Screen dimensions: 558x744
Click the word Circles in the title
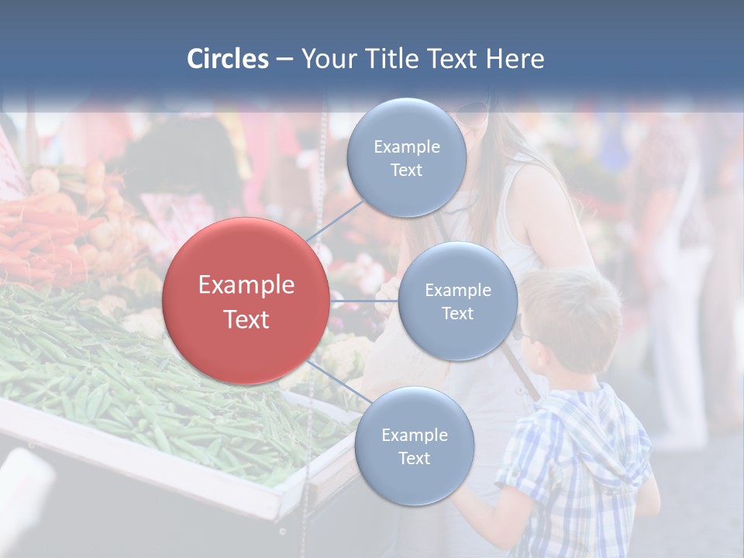click(228, 59)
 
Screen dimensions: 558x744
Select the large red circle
click(246, 301)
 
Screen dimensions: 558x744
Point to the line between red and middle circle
click(364, 301)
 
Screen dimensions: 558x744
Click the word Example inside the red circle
click(246, 285)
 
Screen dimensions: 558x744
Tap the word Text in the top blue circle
click(406, 170)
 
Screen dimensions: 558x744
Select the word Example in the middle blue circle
click(457, 290)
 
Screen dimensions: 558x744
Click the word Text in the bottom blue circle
click(414, 458)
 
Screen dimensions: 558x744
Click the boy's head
click(573, 318)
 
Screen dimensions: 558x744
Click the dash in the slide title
click(284, 60)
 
